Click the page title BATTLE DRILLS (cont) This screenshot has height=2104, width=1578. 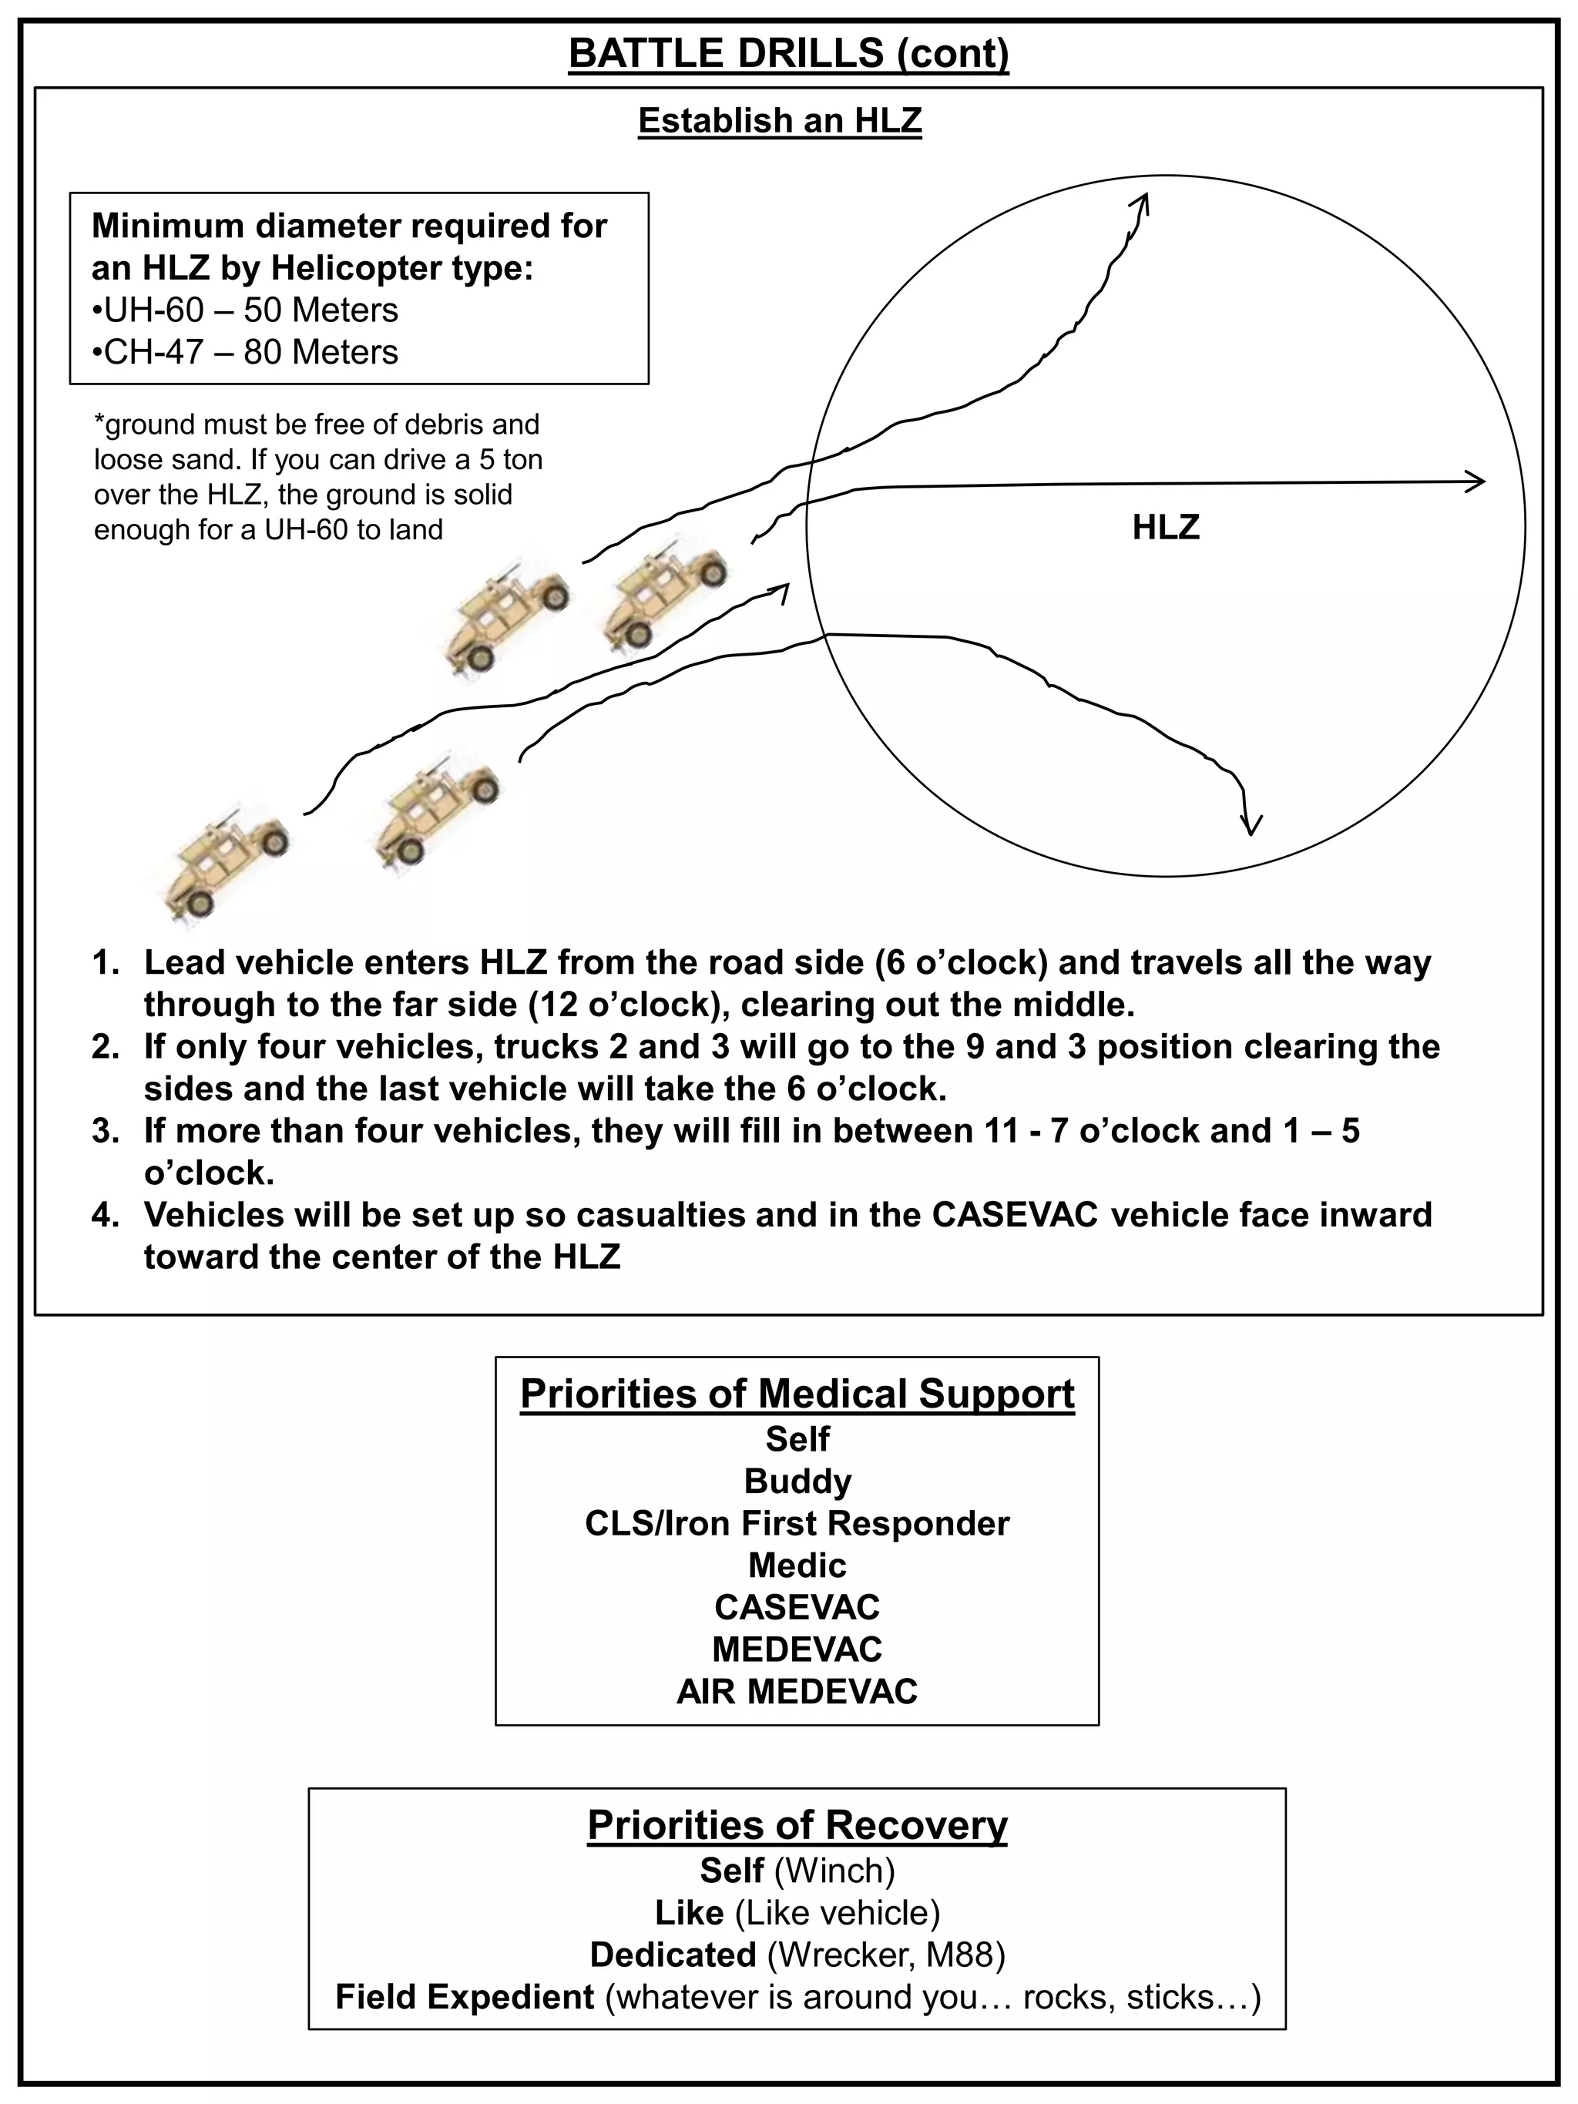tap(788, 53)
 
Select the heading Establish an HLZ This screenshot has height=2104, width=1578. tap(780, 121)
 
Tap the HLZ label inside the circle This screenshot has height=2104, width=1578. tap(1165, 527)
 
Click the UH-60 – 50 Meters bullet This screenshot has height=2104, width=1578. tap(245, 310)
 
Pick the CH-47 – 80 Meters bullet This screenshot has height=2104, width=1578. tap(245, 352)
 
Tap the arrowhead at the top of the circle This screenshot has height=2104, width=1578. tap(1143, 203)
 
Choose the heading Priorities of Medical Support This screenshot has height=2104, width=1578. tap(797, 1394)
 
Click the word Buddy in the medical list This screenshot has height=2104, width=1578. tap(797, 1481)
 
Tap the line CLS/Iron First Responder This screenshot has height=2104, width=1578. tap(797, 1523)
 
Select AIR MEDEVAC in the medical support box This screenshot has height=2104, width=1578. tap(797, 1691)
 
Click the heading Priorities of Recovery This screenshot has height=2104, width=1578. tap(797, 1824)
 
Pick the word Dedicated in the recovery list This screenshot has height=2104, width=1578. tap(673, 1955)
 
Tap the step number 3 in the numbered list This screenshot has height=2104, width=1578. tap(105, 1131)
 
